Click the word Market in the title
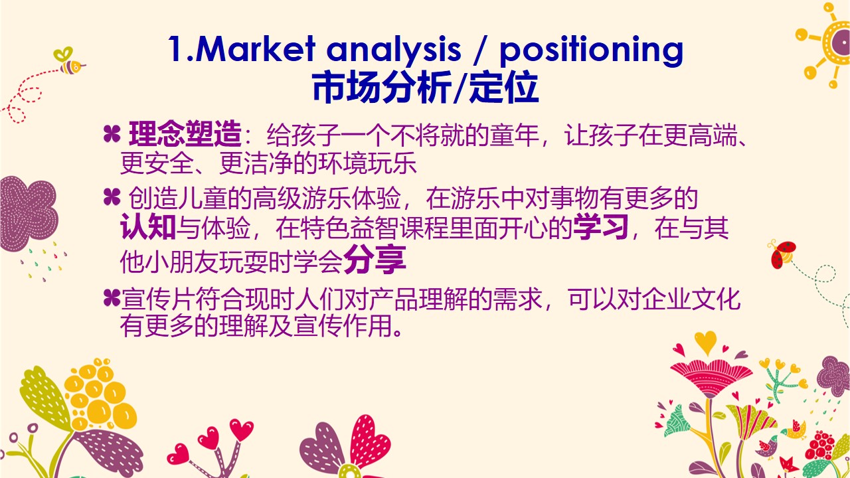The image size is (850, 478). pyautogui.click(x=254, y=48)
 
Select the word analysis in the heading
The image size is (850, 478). pyautogui.click(x=394, y=50)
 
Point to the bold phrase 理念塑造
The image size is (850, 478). pyautogui.click(x=185, y=134)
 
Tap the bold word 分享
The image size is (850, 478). pyautogui.click(x=375, y=260)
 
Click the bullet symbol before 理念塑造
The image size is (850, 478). pyautogui.click(x=112, y=134)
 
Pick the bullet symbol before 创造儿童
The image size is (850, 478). pyautogui.click(x=112, y=197)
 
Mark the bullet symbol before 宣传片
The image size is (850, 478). pyautogui.click(x=112, y=298)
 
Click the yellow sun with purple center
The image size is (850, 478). pyautogui.click(x=829, y=42)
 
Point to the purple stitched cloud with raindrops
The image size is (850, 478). pyautogui.click(x=28, y=214)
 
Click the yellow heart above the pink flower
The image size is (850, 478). pyautogui.click(x=705, y=342)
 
